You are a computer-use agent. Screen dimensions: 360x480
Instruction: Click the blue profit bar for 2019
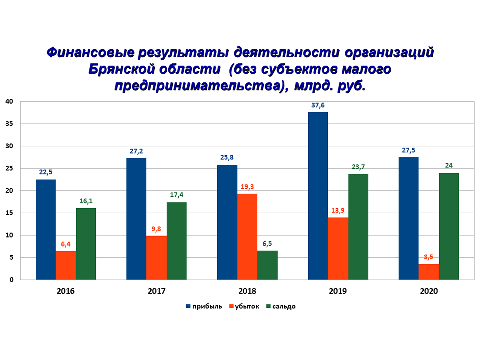(x=318, y=196)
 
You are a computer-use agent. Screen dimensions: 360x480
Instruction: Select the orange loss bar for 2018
(x=247, y=237)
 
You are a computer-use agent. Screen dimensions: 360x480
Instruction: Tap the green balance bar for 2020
(x=449, y=226)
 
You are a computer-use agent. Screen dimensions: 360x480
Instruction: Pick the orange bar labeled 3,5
(x=429, y=272)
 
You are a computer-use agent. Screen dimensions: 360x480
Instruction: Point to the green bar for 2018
(x=267, y=265)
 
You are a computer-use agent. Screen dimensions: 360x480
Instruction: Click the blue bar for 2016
(x=45, y=230)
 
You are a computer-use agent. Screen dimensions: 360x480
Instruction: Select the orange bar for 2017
(x=156, y=258)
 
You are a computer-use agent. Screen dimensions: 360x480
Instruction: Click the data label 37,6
(x=318, y=105)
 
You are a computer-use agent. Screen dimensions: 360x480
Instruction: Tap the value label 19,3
(x=247, y=187)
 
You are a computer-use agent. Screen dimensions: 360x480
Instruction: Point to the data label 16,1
(x=86, y=201)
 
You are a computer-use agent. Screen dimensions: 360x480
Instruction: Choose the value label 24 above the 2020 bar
(x=449, y=166)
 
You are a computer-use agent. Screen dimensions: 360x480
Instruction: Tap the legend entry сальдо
(x=283, y=306)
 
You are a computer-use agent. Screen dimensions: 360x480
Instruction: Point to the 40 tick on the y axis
(x=9, y=102)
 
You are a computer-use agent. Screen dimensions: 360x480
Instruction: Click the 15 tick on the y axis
(x=9, y=213)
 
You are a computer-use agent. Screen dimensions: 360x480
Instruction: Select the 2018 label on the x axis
(x=247, y=291)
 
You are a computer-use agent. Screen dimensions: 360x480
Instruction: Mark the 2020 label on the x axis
(x=428, y=291)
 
